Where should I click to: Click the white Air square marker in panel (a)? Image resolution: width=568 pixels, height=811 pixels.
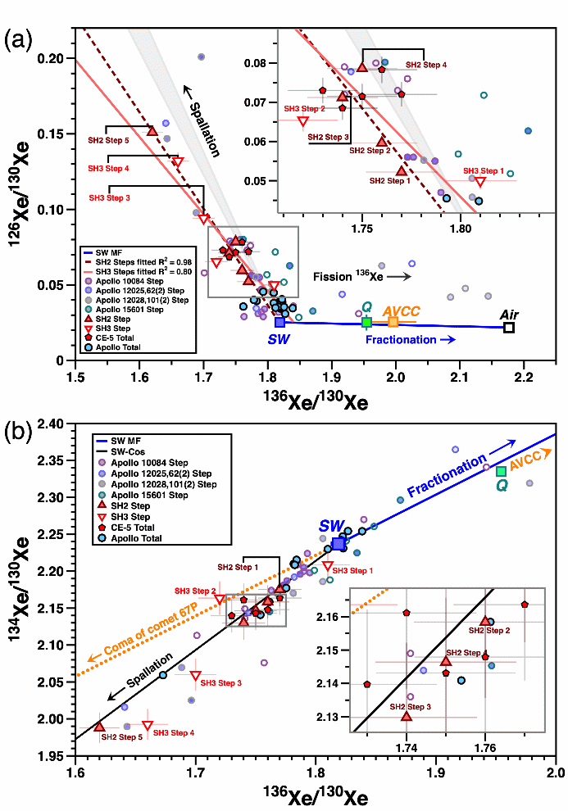coord(509,328)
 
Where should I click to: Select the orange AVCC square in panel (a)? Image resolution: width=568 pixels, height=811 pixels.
coord(393,322)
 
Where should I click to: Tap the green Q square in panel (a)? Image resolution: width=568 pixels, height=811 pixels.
coord(367,322)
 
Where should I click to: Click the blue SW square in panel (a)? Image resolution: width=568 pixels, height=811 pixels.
coord(279,322)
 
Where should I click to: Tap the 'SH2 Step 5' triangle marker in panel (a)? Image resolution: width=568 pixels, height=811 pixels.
coord(152,130)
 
